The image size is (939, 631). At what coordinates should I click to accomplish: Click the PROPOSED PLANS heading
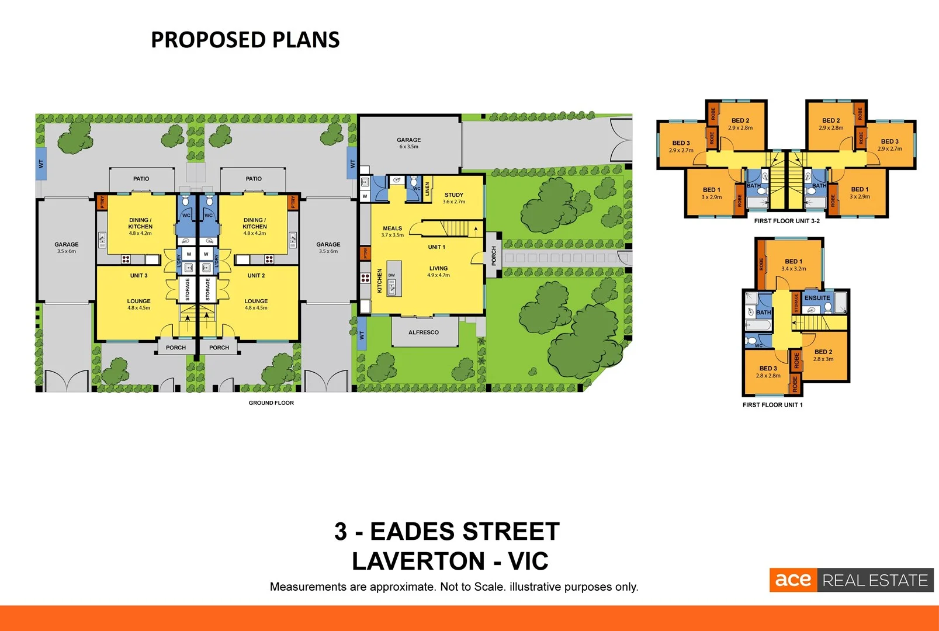point(245,40)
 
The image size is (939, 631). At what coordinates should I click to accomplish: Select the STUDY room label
point(453,195)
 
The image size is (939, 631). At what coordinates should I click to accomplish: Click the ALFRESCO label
point(423,332)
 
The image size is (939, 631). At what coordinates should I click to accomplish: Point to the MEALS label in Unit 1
point(392,228)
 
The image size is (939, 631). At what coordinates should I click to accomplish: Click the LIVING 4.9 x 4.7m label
point(438,271)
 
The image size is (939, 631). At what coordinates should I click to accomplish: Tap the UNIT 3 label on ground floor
point(138,275)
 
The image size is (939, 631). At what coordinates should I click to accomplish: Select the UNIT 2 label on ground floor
point(256,275)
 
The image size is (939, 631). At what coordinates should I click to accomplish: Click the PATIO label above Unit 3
point(141,179)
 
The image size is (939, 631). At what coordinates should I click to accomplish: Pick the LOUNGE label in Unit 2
point(256,301)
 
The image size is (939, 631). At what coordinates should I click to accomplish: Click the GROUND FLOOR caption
point(271,403)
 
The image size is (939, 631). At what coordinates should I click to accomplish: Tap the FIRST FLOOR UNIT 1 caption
point(772,405)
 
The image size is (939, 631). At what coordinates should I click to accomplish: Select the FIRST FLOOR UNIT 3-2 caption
point(786,221)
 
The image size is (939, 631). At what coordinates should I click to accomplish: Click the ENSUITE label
point(817,298)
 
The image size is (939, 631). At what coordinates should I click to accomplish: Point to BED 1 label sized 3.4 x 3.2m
point(794,265)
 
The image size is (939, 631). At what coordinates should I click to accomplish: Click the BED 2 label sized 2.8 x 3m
point(823,355)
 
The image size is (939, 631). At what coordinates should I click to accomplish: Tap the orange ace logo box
point(792,580)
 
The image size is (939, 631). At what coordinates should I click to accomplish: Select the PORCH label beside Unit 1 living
point(494,255)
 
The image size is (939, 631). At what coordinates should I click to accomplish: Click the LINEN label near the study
point(427,189)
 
